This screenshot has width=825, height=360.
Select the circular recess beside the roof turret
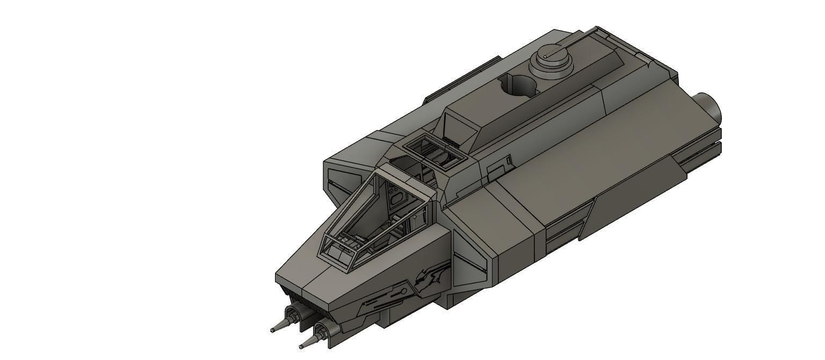pos(518,85)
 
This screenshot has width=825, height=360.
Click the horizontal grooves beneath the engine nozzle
pos(698,156)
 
